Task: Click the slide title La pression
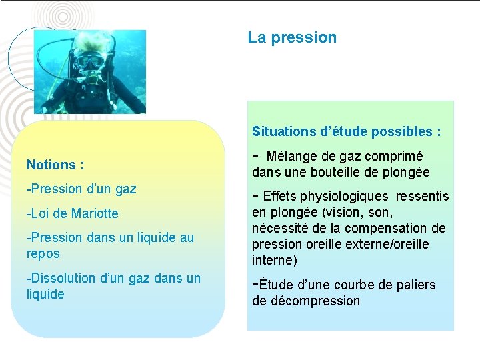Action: (x=292, y=37)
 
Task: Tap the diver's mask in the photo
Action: (x=89, y=61)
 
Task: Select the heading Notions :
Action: (x=55, y=164)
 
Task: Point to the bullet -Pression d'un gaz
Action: (x=81, y=189)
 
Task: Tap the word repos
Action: (x=43, y=253)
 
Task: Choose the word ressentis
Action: (x=422, y=197)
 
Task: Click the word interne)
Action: (x=274, y=260)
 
